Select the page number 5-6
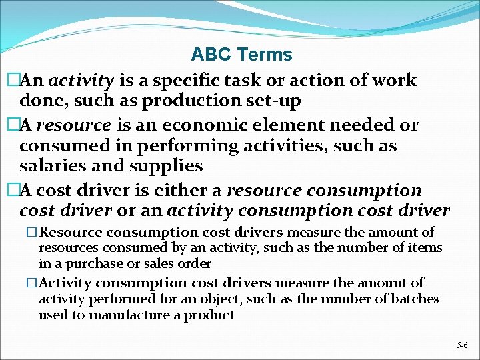click(x=462, y=345)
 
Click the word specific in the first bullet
click(x=178, y=81)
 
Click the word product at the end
click(x=212, y=315)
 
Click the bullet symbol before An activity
click(x=13, y=81)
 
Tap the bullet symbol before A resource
click(x=13, y=124)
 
